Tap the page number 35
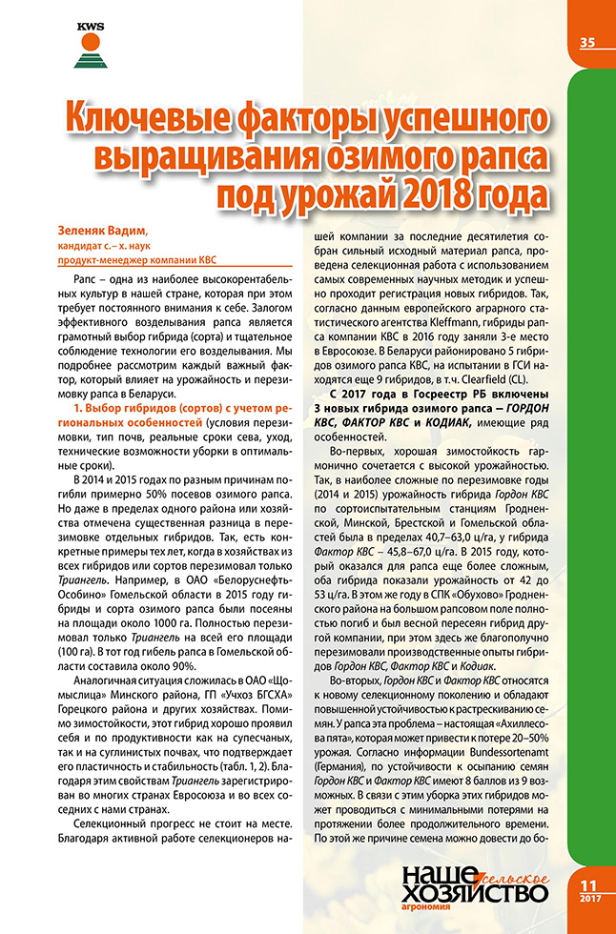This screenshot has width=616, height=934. click(587, 41)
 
